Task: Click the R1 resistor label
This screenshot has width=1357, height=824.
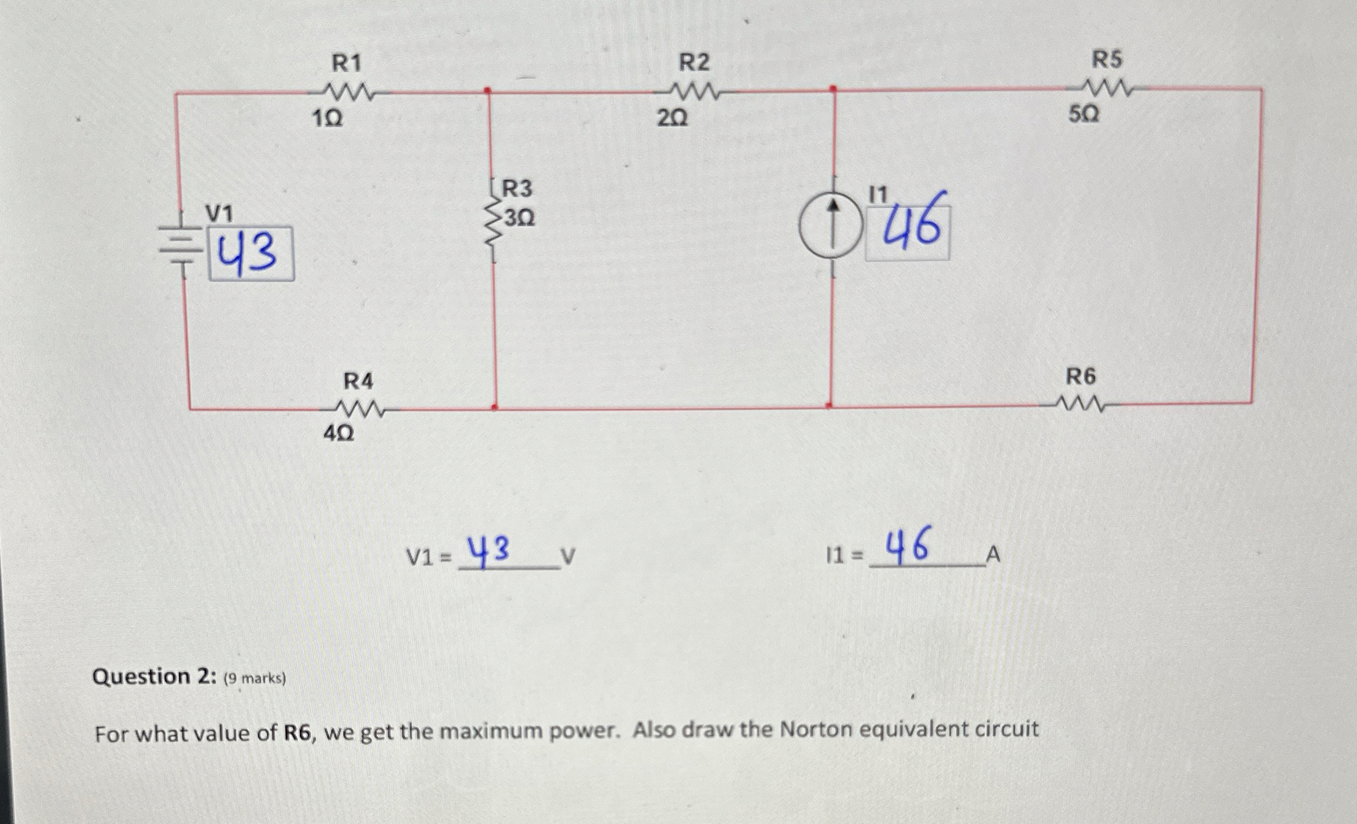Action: pos(347,63)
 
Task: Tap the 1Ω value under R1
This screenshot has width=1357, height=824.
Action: pos(327,119)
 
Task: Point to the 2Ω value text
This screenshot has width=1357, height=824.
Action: pos(673,119)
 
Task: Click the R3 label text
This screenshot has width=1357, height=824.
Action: pos(517,189)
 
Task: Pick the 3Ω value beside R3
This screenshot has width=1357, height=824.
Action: pos(519,219)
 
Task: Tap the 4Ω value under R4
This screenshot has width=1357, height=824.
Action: pos(338,434)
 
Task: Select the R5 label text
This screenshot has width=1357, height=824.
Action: pos(1107,59)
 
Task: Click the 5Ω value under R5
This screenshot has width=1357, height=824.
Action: pos(1084,115)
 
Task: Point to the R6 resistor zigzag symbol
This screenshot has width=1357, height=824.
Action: pos(1081,403)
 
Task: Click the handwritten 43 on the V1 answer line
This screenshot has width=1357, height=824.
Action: pos(490,551)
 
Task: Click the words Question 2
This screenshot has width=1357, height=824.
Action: pos(153,677)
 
